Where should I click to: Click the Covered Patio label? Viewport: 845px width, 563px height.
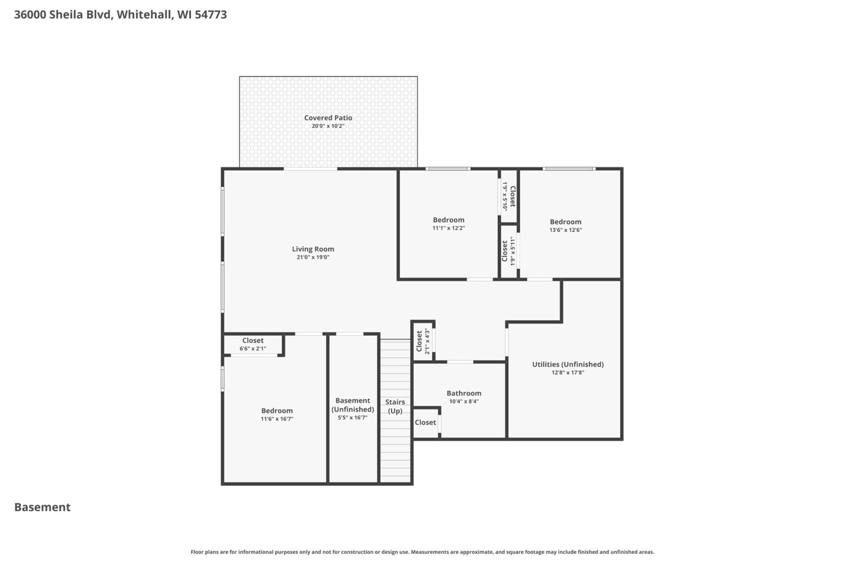[x=328, y=118]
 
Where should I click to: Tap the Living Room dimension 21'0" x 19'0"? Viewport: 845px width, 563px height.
[x=313, y=257]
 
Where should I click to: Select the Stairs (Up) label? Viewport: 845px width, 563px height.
[x=395, y=406]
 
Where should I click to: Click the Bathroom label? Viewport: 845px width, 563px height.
[x=463, y=393]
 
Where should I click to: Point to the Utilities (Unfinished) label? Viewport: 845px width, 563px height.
[x=568, y=364]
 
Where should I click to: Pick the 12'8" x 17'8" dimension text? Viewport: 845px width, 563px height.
[x=568, y=373]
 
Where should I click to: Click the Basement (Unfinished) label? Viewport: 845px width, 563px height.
[x=353, y=404]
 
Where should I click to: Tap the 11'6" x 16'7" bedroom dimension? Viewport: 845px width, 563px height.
[x=277, y=419]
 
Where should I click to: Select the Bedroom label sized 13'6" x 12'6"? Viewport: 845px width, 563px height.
[x=565, y=221]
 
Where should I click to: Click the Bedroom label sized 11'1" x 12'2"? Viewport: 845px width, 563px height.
[x=448, y=220]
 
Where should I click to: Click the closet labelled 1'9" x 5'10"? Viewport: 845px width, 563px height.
[x=509, y=196]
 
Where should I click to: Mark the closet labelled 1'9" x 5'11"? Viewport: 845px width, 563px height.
[x=509, y=251]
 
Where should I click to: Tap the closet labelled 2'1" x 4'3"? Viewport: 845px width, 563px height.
[x=422, y=341]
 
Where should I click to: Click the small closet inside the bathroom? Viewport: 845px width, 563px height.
[x=425, y=422]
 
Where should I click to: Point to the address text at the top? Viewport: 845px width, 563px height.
[x=120, y=15]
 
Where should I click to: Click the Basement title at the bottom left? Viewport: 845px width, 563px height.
[x=42, y=507]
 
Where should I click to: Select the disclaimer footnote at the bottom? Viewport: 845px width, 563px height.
[x=422, y=552]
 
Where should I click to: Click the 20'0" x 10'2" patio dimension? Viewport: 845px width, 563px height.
[x=328, y=126]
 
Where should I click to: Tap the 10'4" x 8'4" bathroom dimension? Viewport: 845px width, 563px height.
[x=463, y=402]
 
